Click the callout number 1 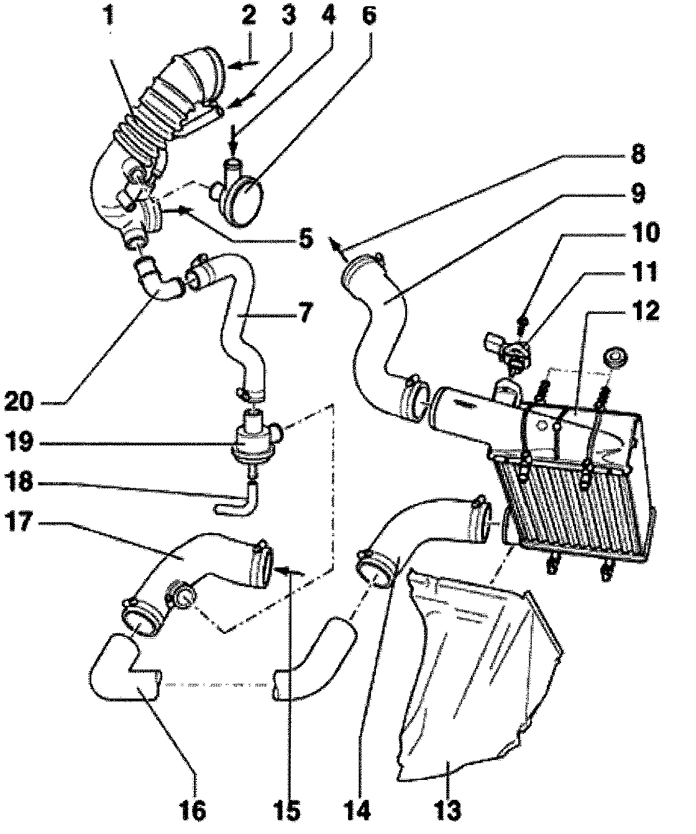[x=110, y=17]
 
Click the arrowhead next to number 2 [x=228, y=63]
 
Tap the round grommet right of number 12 [x=615, y=359]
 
